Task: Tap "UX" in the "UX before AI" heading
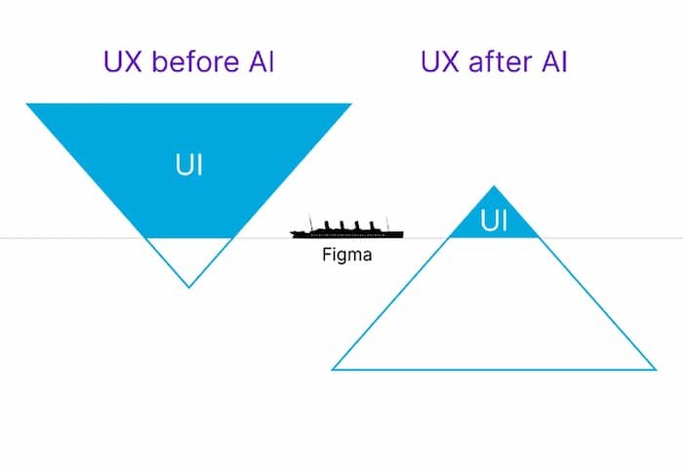coord(123,62)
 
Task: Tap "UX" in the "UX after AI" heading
coord(440,62)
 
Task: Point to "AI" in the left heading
coord(258,62)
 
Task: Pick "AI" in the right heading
coord(550,62)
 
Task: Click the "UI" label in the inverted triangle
coord(188,164)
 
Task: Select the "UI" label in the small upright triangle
coord(495,222)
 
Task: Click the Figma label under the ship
coord(346,257)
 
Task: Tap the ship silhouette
coord(346,232)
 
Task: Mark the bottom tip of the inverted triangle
coord(188,287)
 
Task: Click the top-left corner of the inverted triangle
coord(27,104)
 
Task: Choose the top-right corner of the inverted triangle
coord(350,104)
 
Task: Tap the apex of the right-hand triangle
coord(495,185)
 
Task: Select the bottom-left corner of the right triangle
coord(334,370)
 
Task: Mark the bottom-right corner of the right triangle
coord(655,370)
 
